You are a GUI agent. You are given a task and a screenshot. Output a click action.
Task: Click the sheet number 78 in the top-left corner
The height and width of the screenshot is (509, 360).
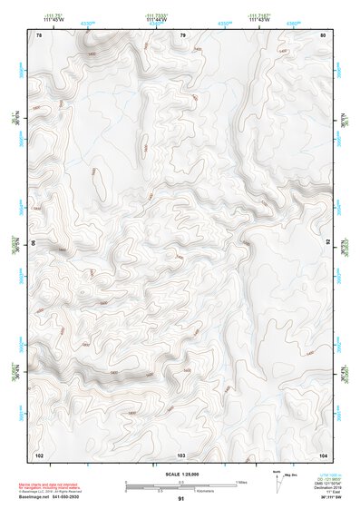[39, 35]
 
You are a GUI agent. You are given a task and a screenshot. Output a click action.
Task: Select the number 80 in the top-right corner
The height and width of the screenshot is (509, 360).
[323, 35]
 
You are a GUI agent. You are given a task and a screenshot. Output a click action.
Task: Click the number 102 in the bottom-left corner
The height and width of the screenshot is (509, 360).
[39, 454]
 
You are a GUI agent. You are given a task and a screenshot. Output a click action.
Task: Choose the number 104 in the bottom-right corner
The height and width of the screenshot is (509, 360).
[323, 454]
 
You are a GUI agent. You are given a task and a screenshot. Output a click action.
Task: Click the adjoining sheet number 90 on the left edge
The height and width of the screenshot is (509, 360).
[34, 243]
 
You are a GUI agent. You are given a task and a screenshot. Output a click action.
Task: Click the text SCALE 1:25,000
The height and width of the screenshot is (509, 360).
[181, 475]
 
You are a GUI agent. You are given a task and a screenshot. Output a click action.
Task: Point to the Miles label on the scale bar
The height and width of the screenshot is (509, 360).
[241, 483]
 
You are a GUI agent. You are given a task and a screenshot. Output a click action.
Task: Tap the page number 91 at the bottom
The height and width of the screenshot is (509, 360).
[181, 500]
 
